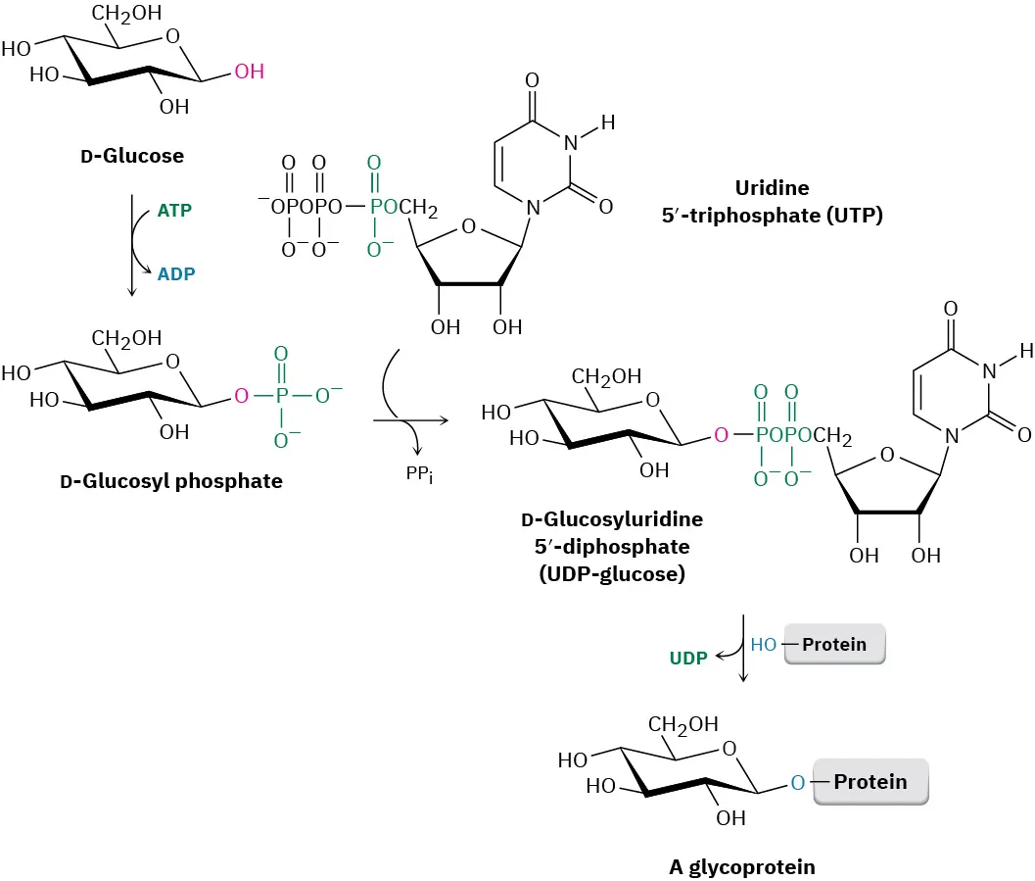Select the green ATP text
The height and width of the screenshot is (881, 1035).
click(x=174, y=210)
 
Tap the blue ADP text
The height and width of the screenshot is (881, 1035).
click(x=175, y=275)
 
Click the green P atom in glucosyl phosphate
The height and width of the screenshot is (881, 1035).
click(x=281, y=397)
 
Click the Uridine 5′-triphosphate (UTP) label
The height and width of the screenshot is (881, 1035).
click(x=772, y=201)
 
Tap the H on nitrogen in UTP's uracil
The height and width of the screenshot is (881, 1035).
click(x=607, y=123)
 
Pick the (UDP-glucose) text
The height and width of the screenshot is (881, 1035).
click(x=612, y=574)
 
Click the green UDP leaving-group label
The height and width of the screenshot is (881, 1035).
click(x=688, y=658)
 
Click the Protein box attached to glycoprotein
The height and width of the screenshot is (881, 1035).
click(x=870, y=782)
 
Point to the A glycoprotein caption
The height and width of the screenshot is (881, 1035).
click(x=741, y=866)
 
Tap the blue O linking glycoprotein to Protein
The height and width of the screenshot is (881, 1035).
click(x=798, y=782)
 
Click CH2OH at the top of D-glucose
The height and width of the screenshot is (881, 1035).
click(x=127, y=14)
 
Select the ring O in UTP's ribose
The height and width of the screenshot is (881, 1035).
click(x=468, y=227)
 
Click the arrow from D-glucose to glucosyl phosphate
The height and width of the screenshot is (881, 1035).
click(x=132, y=245)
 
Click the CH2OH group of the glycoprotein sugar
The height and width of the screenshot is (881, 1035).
click(x=682, y=724)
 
